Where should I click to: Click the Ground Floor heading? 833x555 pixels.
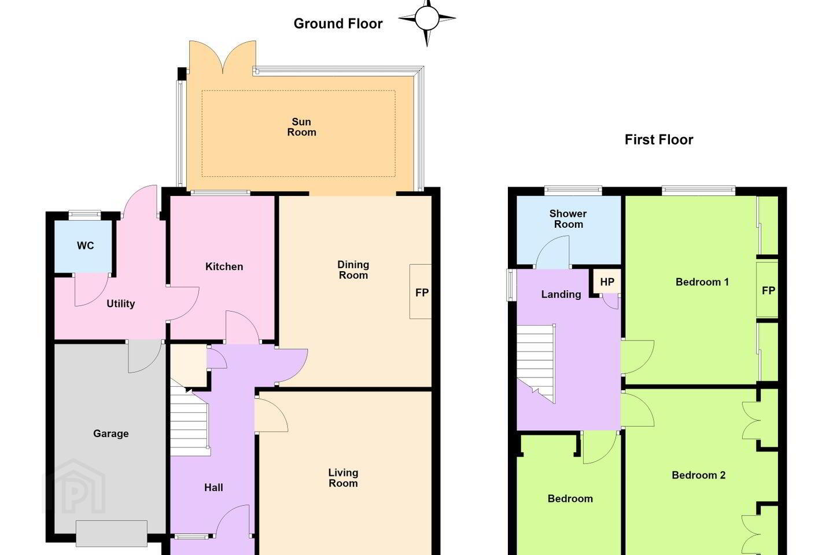click(x=338, y=24)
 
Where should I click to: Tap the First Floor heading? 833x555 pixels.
click(x=659, y=140)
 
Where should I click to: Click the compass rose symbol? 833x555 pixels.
click(x=427, y=18)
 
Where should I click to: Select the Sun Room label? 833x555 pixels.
click(x=301, y=127)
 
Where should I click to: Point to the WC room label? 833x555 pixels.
click(x=85, y=246)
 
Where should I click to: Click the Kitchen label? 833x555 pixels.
click(x=224, y=267)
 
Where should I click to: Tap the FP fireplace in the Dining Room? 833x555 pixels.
click(x=421, y=292)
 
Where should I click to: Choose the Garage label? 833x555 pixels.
click(x=111, y=434)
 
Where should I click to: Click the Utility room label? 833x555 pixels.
click(x=120, y=304)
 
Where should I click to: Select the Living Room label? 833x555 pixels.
click(x=343, y=478)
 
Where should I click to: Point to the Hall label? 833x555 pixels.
click(x=213, y=487)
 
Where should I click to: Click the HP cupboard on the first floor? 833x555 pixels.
click(x=607, y=282)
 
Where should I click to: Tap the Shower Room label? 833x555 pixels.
click(x=568, y=219)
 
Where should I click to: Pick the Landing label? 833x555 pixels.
click(x=561, y=294)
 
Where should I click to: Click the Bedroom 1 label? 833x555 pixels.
click(x=702, y=282)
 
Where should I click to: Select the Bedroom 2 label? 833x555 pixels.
click(x=698, y=475)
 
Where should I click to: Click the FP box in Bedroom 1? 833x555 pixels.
click(x=768, y=290)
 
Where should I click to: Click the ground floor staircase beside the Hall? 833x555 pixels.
click(x=190, y=422)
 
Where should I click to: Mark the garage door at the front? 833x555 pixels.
click(x=112, y=534)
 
